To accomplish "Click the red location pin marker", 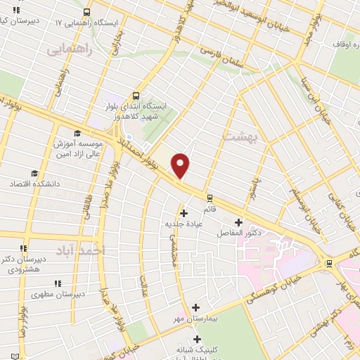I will coord(181,165).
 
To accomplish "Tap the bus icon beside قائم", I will coord(209,197).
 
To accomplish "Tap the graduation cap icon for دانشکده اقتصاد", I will coord(33,173).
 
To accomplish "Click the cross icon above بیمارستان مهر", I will coord(195,307).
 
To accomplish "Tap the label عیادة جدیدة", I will coord(184,223).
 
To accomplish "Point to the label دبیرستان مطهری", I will coord(60,294).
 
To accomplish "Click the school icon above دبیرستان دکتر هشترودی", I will coord(23,248).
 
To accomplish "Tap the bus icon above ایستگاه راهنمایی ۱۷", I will coord(86,12).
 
